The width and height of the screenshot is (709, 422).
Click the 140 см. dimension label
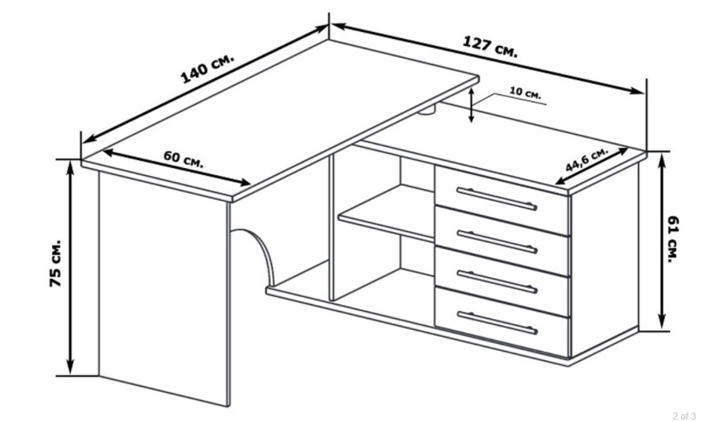pyautogui.click(x=208, y=68)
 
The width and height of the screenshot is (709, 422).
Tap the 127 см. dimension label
pyautogui.click(x=490, y=47)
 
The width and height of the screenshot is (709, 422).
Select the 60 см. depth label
pyautogui.click(x=183, y=159)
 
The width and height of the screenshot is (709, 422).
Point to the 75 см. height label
pyautogui.click(x=55, y=263)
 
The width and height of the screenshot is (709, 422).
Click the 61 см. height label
pyautogui.click(x=673, y=239)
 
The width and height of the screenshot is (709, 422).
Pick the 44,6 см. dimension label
pyautogui.click(x=587, y=159)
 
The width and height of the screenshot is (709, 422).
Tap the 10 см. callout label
pyautogui.click(x=526, y=92)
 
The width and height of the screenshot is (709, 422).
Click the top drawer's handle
pyautogui.click(x=497, y=198)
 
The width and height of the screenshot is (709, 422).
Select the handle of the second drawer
pyautogui.click(x=497, y=241)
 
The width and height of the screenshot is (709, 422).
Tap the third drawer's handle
pyautogui.click(x=497, y=281)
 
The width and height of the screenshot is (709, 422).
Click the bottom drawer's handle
pyautogui.click(x=497, y=323)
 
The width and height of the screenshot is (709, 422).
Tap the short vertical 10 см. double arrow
pyautogui.click(x=471, y=105)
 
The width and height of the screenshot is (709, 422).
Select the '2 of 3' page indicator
pyautogui.click(x=684, y=416)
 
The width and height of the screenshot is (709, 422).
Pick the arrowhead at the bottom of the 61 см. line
pyautogui.click(x=662, y=322)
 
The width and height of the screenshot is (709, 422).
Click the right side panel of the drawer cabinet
pyautogui.click(x=605, y=260)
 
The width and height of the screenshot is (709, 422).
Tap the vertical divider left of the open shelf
pyautogui.click(x=331, y=227)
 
